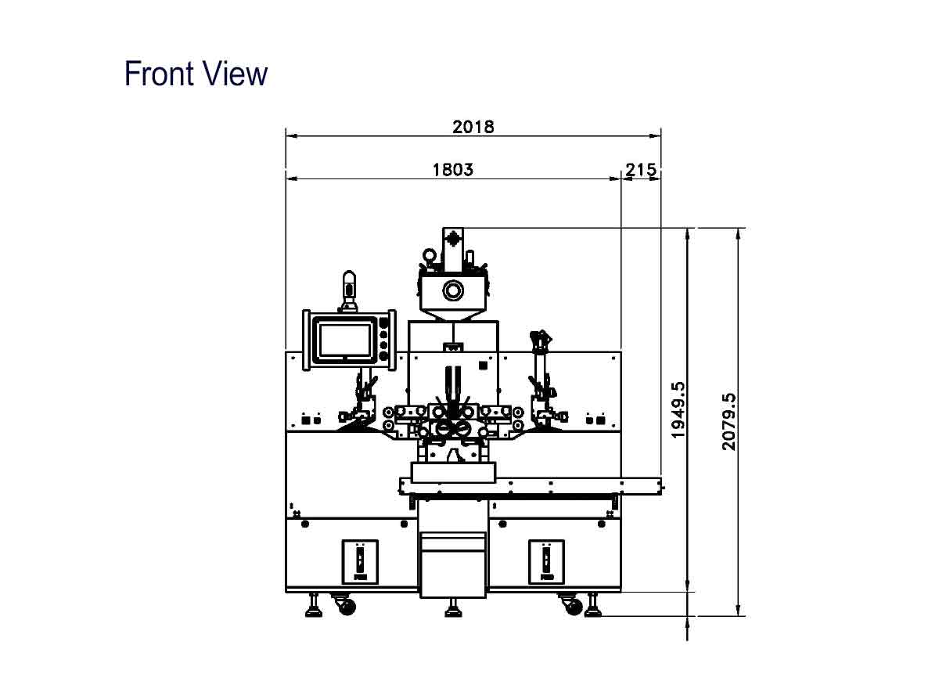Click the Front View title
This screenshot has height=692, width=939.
(196, 74)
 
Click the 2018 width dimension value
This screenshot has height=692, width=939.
(473, 127)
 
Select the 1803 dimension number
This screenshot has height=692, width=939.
(453, 170)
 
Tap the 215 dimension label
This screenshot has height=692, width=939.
(641, 170)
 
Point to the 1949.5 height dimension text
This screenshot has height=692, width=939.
(678, 409)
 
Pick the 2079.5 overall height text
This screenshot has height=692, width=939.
(729, 421)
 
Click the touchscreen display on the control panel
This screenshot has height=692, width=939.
(345, 340)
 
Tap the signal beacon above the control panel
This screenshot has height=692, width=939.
(349, 291)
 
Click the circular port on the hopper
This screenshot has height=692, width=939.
(453, 290)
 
